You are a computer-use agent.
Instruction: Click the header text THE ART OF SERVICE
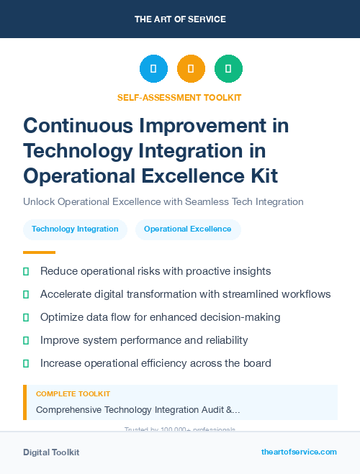coord(179,19)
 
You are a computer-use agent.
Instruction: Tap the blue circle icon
coord(153,69)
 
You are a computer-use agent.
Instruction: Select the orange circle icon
coord(191,69)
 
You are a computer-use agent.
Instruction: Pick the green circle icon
coord(228,69)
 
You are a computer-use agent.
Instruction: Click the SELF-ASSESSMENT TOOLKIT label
coord(179,97)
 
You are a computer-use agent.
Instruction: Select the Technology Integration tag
coord(75,229)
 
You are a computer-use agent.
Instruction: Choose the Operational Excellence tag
coord(188,229)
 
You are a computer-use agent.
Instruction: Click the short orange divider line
coord(39,252)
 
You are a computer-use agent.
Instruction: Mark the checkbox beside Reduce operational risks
coord(26,271)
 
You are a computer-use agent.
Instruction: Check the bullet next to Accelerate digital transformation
coord(26,294)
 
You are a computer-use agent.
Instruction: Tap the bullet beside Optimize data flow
coord(26,317)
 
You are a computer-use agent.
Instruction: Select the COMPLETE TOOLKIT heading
coord(73,394)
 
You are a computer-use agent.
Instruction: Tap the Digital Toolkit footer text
coord(51,452)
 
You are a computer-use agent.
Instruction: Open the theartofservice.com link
coord(299,452)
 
